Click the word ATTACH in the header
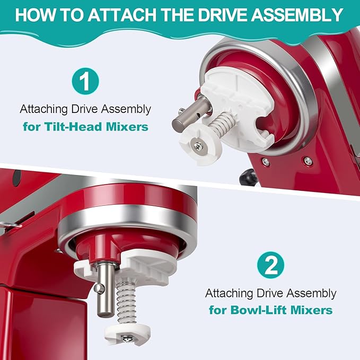coord(122,15)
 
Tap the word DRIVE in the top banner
coord(222,15)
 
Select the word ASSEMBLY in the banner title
coord(297,15)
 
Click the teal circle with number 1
coord(85,81)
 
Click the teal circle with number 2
coord(270,265)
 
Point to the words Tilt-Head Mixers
coord(96,127)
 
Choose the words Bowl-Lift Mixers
coord(282,310)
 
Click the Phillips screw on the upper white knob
coord(198,146)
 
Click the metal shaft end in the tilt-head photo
coord(179,124)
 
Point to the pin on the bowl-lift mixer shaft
coord(100,288)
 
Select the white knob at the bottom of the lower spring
coord(128,333)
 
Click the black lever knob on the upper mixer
coord(249,177)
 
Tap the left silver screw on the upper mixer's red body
coord(266,162)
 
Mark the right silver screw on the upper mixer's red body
coord(308,161)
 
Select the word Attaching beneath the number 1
coord(43,109)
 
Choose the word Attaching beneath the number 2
coord(229,293)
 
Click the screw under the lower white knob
coord(127,338)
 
